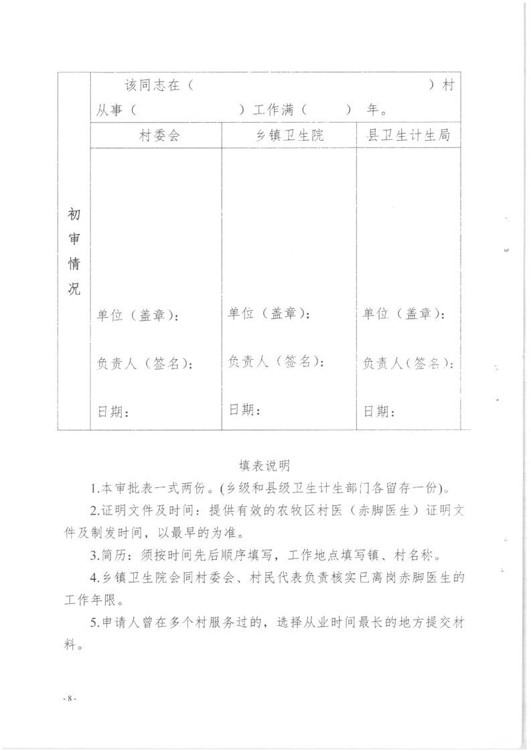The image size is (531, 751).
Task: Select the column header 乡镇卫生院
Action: (290, 135)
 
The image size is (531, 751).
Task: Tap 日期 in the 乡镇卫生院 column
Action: (244, 409)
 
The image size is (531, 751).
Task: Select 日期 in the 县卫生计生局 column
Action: (378, 410)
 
